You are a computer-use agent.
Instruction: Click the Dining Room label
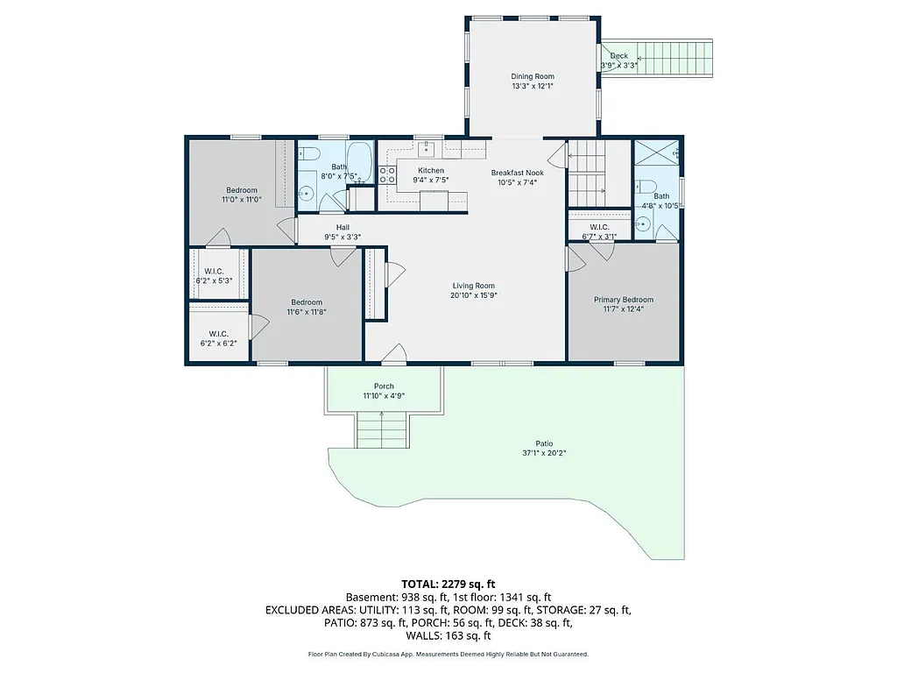click(x=533, y=77)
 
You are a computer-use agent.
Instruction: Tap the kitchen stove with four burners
click(x=388, y=174)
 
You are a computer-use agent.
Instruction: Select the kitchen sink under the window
click(x=427, y=146)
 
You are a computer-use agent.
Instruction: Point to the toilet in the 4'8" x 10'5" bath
click(x=645, y=185)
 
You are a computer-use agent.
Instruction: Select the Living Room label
click(x=473, y=286)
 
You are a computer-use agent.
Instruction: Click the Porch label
click(x=384, y=386)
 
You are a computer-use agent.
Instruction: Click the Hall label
click(x=343, y=227)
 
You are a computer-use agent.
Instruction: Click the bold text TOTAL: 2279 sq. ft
click(x=448, y=583)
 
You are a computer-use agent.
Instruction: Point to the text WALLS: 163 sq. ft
click(x=448, y=635)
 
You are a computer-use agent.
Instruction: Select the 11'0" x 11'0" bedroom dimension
click(x=242, y=200)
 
